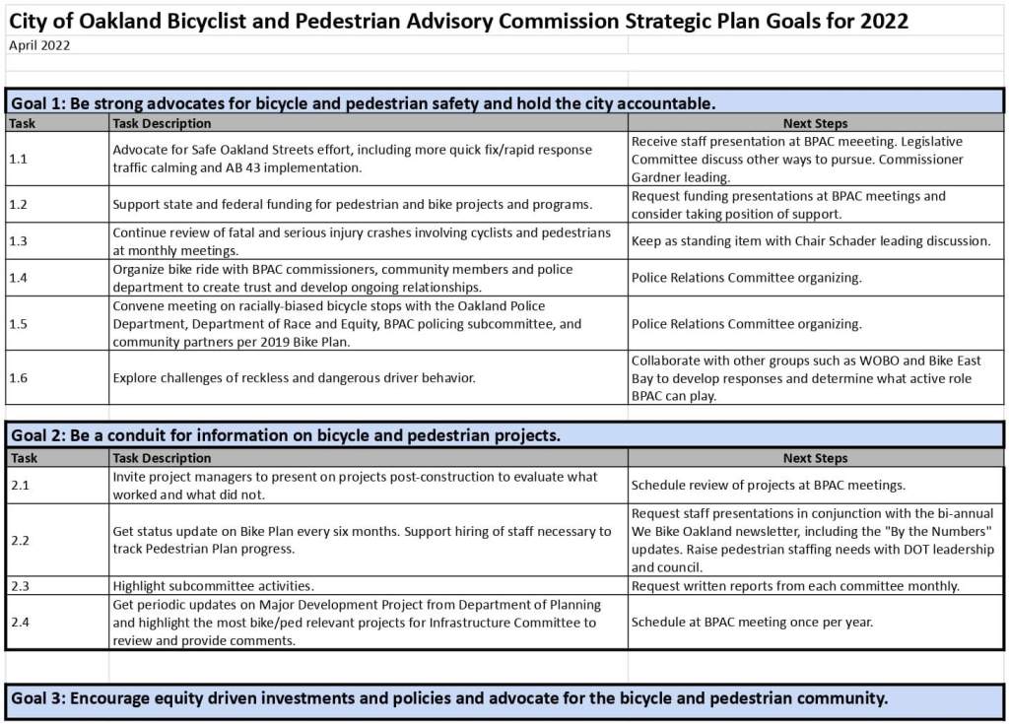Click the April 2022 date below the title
(x=39, y=45)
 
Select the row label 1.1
(x=20, y=159)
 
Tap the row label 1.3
(x=20, y=241)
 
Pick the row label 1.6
(x=20, y=377)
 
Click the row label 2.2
(x=20, y=540)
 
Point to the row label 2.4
(x=20, y=622)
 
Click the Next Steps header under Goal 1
(x=815, y=123)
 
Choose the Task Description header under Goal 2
(x=162, y=458)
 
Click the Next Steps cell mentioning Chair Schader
(x=810, y=241)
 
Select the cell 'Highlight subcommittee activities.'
(x=213, y=586)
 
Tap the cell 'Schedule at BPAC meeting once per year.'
(x=752, y=622)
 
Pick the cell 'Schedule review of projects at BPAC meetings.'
(x=768, y=486)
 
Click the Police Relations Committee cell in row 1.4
(x=746, y=278)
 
